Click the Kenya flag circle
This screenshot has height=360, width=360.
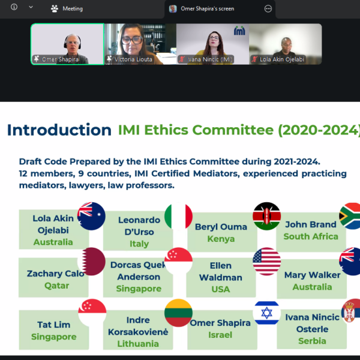coord(266,216)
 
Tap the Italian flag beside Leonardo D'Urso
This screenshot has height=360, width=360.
coord(178,216)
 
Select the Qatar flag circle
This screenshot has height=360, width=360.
coord(91,261)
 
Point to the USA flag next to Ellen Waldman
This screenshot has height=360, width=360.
coord(266,261)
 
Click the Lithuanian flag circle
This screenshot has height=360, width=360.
coord(178,313)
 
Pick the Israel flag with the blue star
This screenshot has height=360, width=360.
coord(266,313)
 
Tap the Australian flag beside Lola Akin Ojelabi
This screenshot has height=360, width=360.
coord(91,216)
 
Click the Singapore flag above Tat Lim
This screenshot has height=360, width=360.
coord(92,313)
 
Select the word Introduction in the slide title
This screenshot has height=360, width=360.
coord(59,130)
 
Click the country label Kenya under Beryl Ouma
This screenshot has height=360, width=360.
coord(221,239)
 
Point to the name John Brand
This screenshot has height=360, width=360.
coord(311,224)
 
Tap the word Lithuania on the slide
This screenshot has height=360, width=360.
coord(138,344)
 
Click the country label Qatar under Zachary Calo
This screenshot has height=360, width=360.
coord(57,286)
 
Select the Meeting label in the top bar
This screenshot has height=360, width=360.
coord(73,9)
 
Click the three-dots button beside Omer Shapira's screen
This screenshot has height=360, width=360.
coord(268,9)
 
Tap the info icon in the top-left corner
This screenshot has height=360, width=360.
coord(14,7)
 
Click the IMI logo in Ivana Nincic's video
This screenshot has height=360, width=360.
coord(239,31)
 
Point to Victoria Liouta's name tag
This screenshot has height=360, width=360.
coord(129,59)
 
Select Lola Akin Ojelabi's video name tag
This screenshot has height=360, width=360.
coord(278,59)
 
